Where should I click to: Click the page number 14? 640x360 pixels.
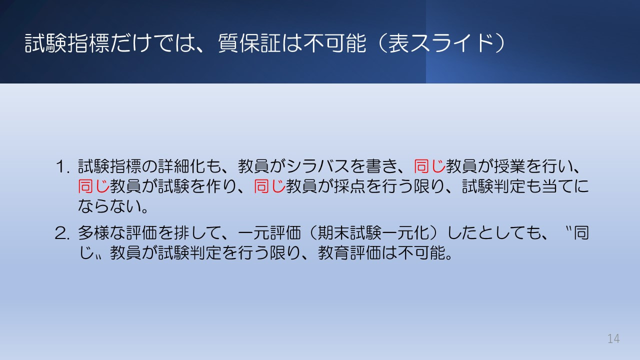tap(613, 338)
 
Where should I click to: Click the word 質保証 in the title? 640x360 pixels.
tap(242, 44)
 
